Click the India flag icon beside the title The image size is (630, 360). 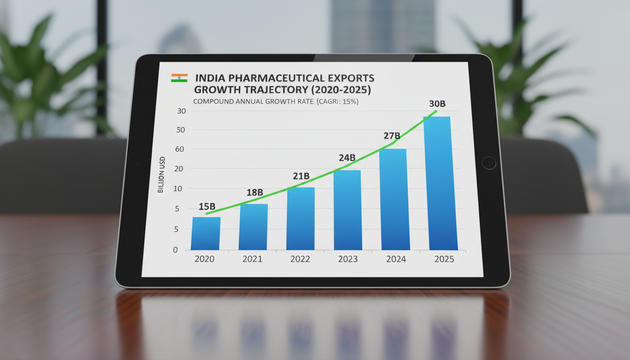pos(179,78)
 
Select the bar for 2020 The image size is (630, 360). pos(206,233)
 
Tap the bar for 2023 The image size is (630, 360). pos(347,210)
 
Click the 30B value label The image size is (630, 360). pos(437,104)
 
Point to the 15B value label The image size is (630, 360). pos(207,206)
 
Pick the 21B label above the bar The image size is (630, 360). pos(300,176)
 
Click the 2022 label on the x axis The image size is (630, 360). pos(300,259)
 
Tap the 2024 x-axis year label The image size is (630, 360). pos(396,259)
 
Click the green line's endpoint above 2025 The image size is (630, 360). pos(436,111)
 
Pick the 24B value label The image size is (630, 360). pos(347,158)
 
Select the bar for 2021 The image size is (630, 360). pos(253,226)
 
